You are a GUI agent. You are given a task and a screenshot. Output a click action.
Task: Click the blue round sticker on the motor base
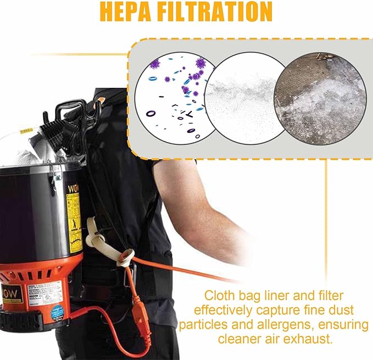[x=58, y=312]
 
